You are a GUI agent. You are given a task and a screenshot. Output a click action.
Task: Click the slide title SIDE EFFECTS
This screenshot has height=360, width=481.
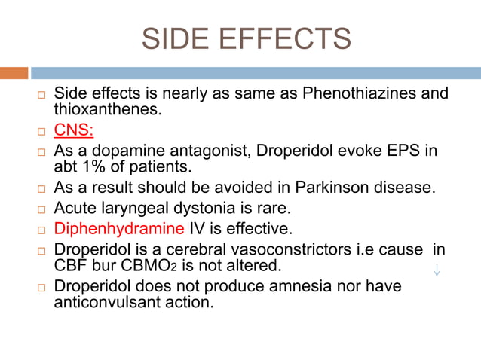tap(247, 38)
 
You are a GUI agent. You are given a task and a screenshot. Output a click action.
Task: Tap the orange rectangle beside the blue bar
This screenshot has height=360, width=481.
tap(14, 73)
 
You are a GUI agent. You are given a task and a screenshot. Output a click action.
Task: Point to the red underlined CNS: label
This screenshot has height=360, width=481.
tap(73, 130)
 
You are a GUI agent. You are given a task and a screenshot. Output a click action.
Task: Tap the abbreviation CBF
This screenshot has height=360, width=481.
tap(71, 265)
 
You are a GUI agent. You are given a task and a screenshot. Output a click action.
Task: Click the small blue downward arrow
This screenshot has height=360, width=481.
tap(437, 270)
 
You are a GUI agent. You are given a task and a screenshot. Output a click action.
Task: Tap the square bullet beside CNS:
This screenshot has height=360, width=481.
tap(41, 132)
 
